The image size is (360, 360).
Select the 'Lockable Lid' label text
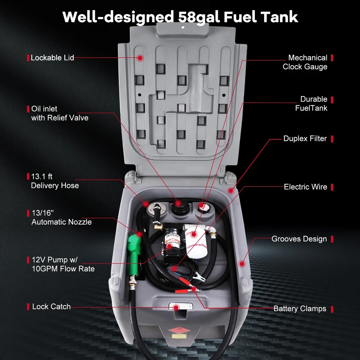52,58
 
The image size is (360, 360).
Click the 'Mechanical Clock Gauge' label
305,62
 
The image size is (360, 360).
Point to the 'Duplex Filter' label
305,139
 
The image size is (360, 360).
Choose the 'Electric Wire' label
305,186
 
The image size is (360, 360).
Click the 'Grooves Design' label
299,239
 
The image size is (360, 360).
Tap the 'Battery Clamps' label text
300,309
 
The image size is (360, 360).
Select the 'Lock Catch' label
51,306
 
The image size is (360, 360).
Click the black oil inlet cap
181,208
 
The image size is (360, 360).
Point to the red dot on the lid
140,58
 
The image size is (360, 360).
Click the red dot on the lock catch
176,307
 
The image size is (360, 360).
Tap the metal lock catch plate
181,306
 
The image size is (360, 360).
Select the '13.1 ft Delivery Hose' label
55,181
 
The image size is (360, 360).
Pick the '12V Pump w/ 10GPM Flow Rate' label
63,264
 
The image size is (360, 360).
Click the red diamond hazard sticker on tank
179,330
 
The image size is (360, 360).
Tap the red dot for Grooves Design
242,264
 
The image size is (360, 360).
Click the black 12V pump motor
174,240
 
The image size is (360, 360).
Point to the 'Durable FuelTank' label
311,103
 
